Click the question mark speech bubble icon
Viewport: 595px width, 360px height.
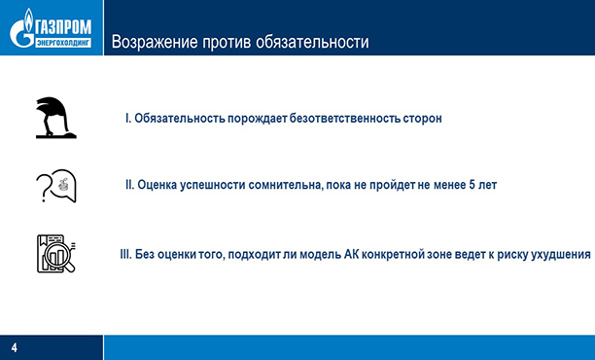coord(55,185)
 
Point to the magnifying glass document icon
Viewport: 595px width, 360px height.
coord(55,254)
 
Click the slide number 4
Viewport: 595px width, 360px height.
coord(15,347)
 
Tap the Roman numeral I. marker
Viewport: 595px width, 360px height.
coord(128,118)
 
